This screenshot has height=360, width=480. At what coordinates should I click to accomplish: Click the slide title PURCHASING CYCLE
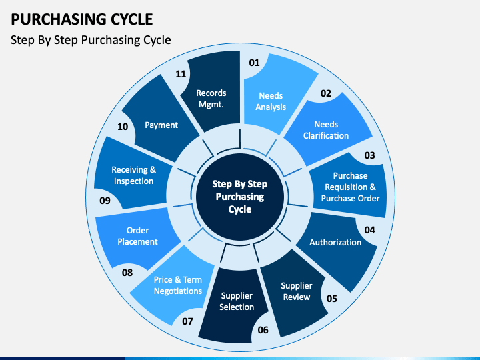point(82,19)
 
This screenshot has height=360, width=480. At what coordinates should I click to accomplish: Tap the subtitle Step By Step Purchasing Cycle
point(91,40)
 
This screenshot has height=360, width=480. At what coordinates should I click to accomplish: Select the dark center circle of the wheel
point(240,197)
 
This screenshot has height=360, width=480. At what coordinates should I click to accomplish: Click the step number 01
point(254,63)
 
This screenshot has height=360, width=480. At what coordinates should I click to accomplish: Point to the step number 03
point(369,155)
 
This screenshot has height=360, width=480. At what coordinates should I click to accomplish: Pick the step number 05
point(332,299)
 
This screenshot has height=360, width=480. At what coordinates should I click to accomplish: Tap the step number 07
point(187,321)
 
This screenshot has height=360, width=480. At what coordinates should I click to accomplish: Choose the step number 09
point(105,201)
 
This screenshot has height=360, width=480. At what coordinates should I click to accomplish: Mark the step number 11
point(181,74)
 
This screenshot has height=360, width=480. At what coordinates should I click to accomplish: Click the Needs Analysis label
point(271,101)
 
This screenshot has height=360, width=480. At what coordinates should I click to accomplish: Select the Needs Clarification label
point(326,130)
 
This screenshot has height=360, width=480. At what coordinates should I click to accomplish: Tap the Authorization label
point(335,243)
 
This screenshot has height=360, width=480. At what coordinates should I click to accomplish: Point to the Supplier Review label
point(297,291)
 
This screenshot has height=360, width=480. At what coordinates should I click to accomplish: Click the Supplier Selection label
point(237,301)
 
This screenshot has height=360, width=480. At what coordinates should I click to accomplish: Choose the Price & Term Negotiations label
point(178,285)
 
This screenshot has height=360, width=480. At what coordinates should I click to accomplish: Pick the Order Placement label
point(137,236)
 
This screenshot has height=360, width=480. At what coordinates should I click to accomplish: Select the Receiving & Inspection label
point(134,175)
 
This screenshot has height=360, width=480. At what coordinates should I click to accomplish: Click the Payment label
point(161,125)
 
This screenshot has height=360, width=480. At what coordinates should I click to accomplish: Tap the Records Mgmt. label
point(211,99)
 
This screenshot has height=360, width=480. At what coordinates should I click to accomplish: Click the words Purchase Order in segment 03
point(350,199)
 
